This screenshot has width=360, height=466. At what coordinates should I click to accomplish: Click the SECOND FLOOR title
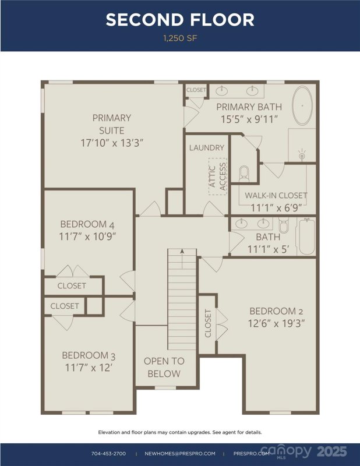(x=180, y=20)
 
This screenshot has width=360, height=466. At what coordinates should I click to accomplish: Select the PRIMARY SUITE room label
(x=111, y=124)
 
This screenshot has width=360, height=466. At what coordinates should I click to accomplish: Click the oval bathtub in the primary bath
(x=302, y=106)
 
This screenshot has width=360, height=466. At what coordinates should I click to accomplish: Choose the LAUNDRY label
(x=206, y=147)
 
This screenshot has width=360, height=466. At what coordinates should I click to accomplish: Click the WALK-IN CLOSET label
(x=276, y=196)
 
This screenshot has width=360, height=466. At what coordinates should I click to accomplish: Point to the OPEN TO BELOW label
(x=164, y=368)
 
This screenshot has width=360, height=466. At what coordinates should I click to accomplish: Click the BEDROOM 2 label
(x=277, y=311)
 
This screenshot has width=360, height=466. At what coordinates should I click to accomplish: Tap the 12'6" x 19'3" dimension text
(x=277, y=323)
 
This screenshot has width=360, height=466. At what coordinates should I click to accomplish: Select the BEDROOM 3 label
(x=85, y=355)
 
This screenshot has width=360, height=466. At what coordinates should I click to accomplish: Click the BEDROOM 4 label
(x=84, y=224)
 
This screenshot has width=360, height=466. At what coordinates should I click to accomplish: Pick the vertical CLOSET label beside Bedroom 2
(x=208, y=323)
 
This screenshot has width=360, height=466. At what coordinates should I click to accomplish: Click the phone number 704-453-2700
(x=108, y=453)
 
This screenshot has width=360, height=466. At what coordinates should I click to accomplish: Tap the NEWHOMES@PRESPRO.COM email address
(x=179, y=453)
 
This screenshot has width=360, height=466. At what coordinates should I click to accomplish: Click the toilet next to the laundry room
(x=243, y=174)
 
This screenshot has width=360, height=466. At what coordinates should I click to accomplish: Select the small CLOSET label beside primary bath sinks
(x=196, y=90)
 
